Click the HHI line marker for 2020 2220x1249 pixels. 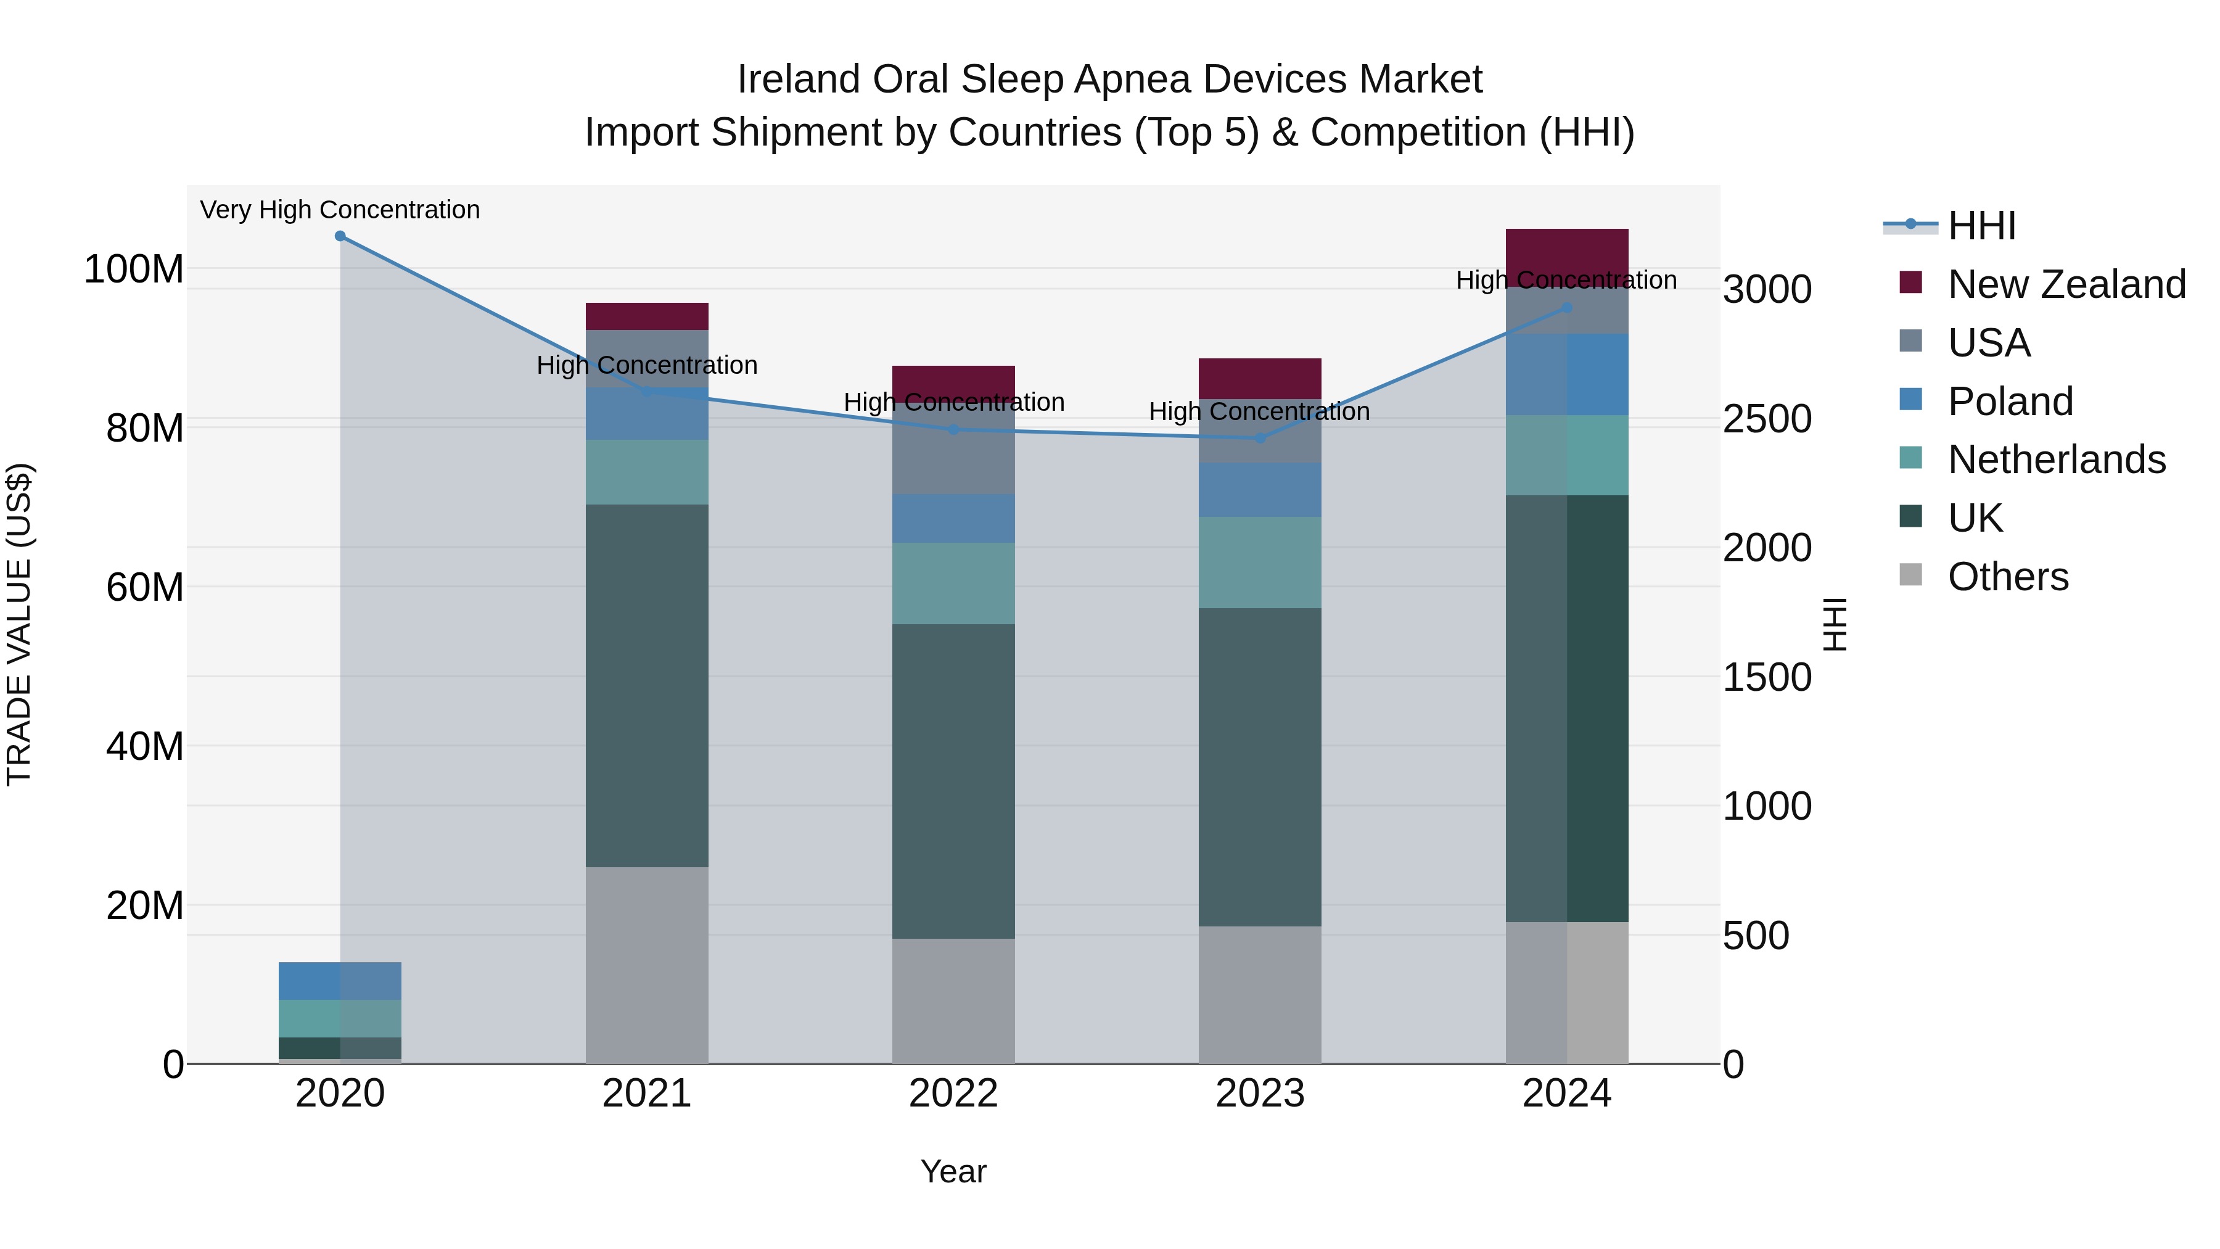[340, 236]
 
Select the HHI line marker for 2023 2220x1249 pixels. [1260, 438]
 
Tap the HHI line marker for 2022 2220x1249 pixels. [953, 429]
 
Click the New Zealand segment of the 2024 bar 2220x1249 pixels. [1567, 256]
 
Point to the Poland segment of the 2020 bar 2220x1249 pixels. [340, 981]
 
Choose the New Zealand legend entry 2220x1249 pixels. [2066, 284]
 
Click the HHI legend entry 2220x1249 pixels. [1981, 226]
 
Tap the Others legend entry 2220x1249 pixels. [2007, 576]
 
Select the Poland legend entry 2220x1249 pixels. [2010, 401]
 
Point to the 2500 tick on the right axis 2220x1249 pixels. [1767, 419]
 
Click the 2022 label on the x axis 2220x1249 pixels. [953, 1093]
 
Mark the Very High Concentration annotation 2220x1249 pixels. [340, 210]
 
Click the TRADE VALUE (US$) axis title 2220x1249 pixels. [19, 624]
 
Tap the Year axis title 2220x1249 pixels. [953, 1171]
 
